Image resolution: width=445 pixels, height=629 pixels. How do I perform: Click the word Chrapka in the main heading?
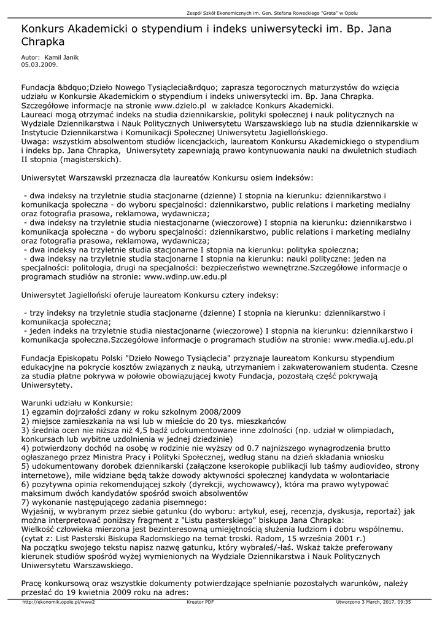(43, 41)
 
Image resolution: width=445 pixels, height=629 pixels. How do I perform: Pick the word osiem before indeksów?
(261, 178)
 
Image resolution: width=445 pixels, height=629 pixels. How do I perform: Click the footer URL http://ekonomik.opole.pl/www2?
(58, 603)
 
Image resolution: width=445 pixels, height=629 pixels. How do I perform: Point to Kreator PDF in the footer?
(200, 603)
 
